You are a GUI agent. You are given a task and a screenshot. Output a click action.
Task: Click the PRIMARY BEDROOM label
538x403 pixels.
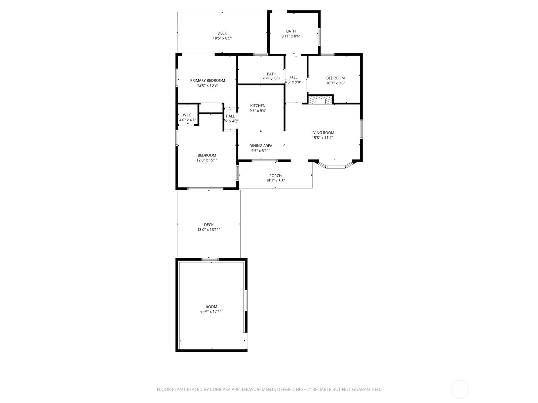207,81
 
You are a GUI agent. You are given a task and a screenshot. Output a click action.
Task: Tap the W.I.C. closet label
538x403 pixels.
188,115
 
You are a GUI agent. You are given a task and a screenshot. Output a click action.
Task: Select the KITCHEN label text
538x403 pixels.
258,106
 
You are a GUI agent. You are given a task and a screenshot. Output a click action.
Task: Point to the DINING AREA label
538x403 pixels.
261,146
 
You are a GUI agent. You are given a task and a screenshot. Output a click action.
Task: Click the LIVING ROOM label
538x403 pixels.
322,133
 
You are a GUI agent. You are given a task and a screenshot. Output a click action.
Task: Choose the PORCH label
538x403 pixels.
275,176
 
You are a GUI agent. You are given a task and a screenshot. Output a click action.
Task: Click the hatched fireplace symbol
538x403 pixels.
320,100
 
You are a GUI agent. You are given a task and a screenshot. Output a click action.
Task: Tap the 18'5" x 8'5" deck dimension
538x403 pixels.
222,38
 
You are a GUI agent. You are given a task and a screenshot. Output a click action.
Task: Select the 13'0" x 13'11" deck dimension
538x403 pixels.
209,230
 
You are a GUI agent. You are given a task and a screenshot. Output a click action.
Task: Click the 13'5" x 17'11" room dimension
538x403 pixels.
212,312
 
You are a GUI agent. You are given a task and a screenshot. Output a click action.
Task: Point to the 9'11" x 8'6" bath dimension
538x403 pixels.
291,36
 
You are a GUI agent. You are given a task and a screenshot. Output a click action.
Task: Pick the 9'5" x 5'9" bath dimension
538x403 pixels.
271,79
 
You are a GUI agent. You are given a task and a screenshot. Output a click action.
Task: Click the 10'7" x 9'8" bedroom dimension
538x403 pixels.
335,83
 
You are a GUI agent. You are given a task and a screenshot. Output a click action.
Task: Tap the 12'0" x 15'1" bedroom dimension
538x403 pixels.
207,160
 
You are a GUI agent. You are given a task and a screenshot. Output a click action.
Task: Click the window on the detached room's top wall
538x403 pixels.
210,259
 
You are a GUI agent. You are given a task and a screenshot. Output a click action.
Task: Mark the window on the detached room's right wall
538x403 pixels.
246,300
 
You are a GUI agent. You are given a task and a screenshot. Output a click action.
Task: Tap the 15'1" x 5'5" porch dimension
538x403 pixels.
275,181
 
